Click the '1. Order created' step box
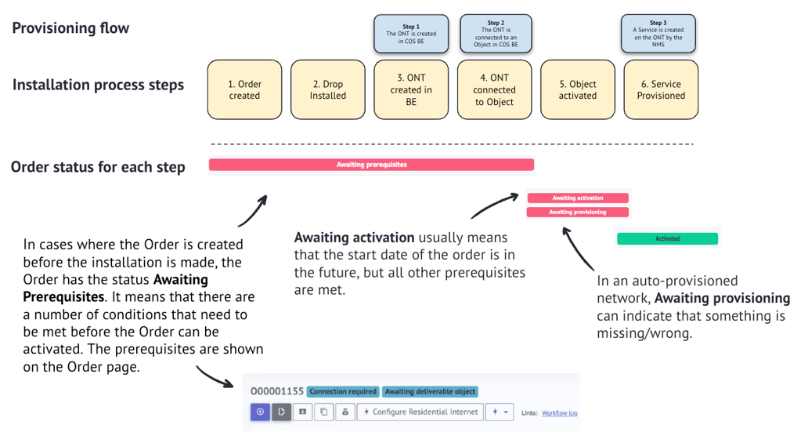click(244, 90)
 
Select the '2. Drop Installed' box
click(327, 90)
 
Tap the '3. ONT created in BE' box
click(411, 90)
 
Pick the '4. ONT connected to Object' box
click(494, 90)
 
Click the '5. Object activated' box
click(578, 90)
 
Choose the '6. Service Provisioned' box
click(661, 90)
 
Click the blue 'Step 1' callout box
click(411, 34)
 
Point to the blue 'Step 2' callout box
click(495, 34)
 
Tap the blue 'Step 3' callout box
click(658, 34)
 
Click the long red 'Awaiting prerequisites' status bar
click(371, 165)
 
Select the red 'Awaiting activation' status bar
click(577, 198)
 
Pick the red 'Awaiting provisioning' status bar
click(577, 212)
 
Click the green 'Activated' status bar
click(667, 238)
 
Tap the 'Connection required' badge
click(343, 391)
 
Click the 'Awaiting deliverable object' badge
click(430, 391)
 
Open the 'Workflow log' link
click(559, 413)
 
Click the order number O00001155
click(276, 391)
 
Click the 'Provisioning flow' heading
click(70, 28)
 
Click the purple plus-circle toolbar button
click(260, 412)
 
